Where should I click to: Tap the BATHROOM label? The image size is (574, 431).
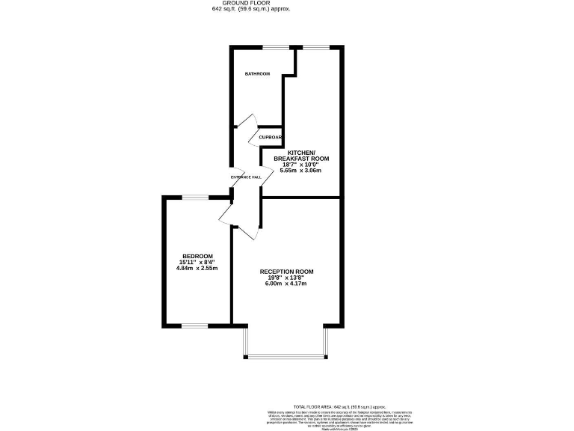tap(257, 73)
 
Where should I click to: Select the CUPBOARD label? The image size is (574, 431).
tap(270, 138)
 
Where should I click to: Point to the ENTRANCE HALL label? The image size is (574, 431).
tap(246, 177)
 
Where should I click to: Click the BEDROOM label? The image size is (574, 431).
tap(197, 256)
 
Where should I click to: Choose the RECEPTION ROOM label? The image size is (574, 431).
tap(286, 271)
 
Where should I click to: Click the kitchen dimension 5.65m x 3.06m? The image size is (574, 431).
tap(300, 171)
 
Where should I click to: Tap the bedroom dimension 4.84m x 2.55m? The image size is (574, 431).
tap(197, 268)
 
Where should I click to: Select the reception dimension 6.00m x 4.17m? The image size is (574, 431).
tap(286, 284)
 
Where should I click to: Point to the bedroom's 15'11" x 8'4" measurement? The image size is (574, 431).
tap(197, 262)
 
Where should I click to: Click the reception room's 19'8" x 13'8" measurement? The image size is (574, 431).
tap(286, 278)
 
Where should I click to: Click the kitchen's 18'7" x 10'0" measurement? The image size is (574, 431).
tap(303, 165)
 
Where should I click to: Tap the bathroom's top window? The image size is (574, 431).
tap(276, 47)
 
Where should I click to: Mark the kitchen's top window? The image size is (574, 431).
tap(315, 47)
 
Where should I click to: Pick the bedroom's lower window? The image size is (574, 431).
tap(194, 325)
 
